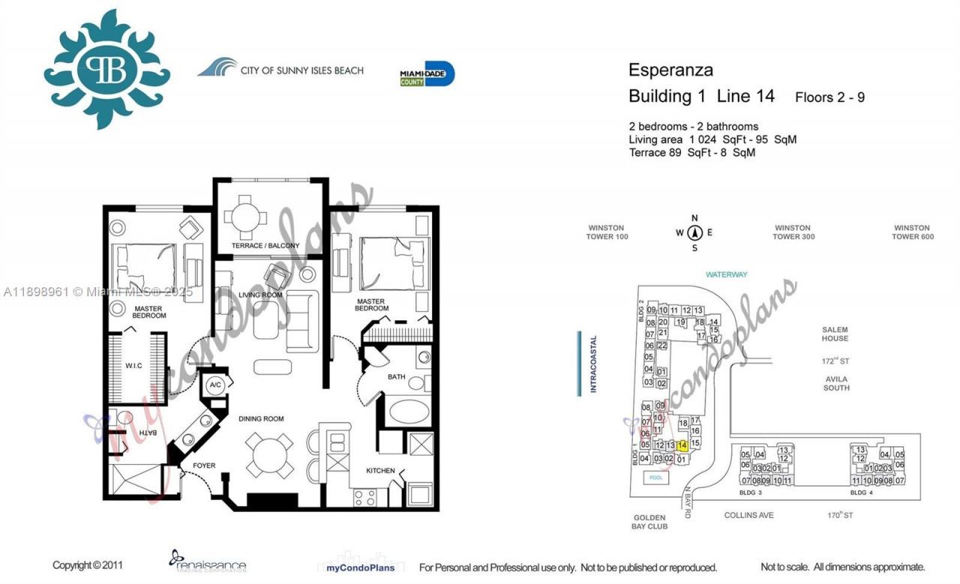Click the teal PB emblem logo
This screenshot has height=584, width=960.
pos(107,70)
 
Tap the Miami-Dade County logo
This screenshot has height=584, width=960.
pos(427,74)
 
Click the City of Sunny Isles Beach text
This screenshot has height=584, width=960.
pos(301,70)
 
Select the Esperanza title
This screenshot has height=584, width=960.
pos(670,71)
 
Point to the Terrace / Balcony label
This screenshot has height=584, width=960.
pos(265,246)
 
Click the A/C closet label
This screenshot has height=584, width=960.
pos(216,385)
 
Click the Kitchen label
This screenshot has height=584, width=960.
pos(380,470)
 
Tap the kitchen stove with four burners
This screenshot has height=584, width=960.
pos(365,498)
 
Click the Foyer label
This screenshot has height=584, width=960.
pos(204,466)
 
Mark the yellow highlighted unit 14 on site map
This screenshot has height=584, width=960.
pos(682,445)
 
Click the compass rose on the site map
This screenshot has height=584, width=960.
pos(694,232)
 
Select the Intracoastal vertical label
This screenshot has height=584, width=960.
pos(592,364)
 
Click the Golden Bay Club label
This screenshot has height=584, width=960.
pos(650,522)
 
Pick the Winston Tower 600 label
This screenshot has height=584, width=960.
pos(911,232)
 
